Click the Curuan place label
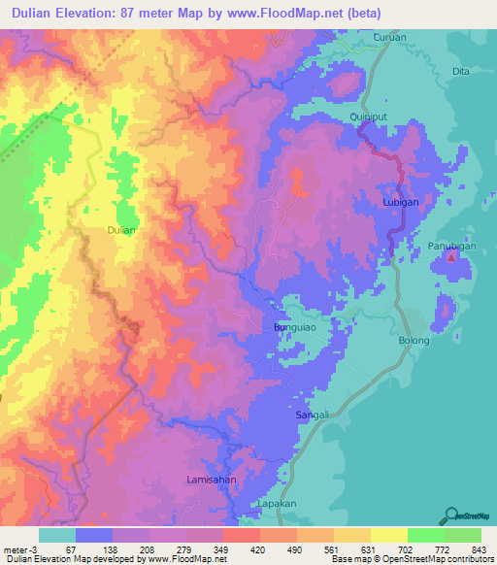click(389, 38)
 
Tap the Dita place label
click(461, 72)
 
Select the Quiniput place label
click(368, 116)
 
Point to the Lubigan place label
click(399, 203)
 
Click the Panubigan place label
click(451, 247)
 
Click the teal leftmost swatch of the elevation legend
click(57, 534)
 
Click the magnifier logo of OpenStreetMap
click(451, 515)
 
